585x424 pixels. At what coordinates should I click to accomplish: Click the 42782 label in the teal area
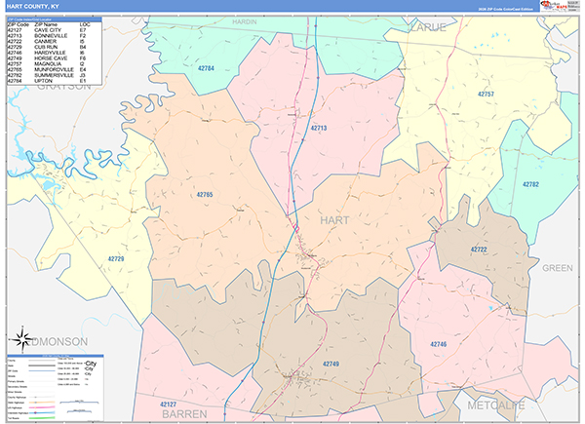tap(529, 183)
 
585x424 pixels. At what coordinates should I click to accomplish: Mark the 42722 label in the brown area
tap(478, 250)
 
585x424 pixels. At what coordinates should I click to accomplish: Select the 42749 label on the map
tap(331, 363)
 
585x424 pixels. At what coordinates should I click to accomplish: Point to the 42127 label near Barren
tap(172, 403)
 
